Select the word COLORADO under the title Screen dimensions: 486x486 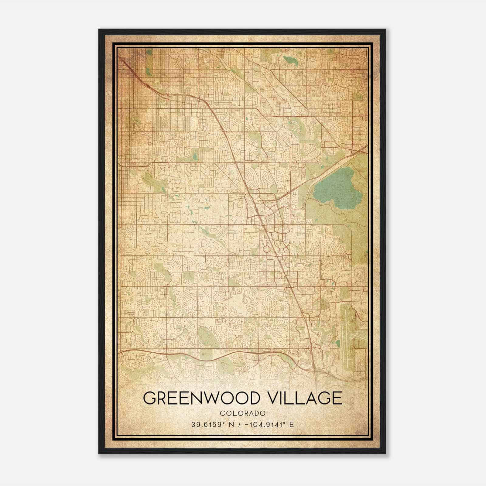[243, 413]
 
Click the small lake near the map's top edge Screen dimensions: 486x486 [287, 60]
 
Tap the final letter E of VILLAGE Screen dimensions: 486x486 [337, 399]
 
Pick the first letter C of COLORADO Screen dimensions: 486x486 [222, 413]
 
